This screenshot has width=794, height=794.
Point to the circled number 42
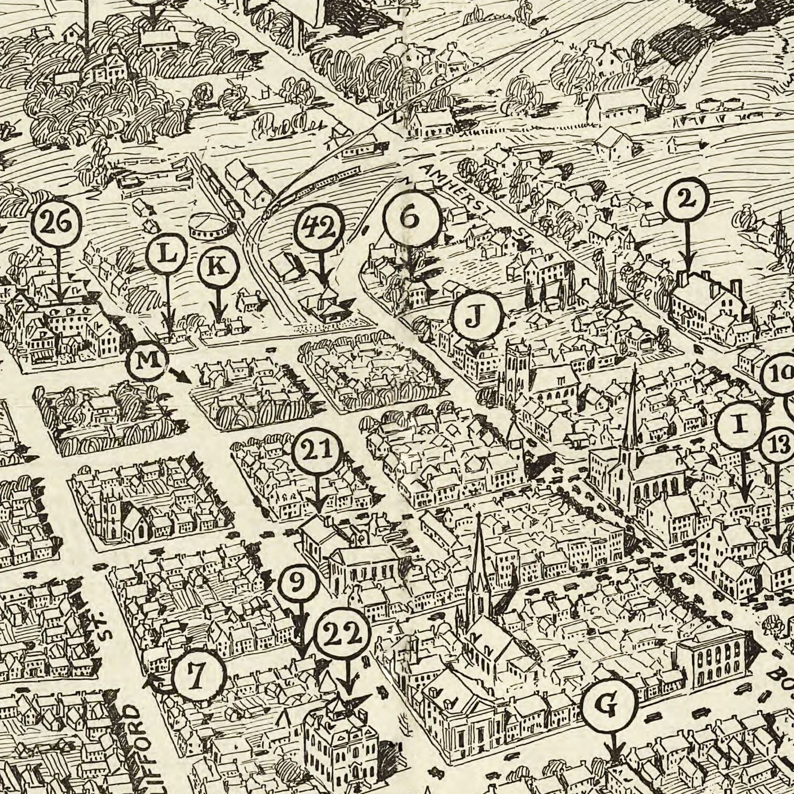(320, 229)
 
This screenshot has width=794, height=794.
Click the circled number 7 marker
(200, 675)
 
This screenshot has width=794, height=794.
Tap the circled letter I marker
(740, 424)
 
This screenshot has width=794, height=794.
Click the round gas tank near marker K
(212, 226)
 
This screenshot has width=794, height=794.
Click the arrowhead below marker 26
(58, 296)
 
